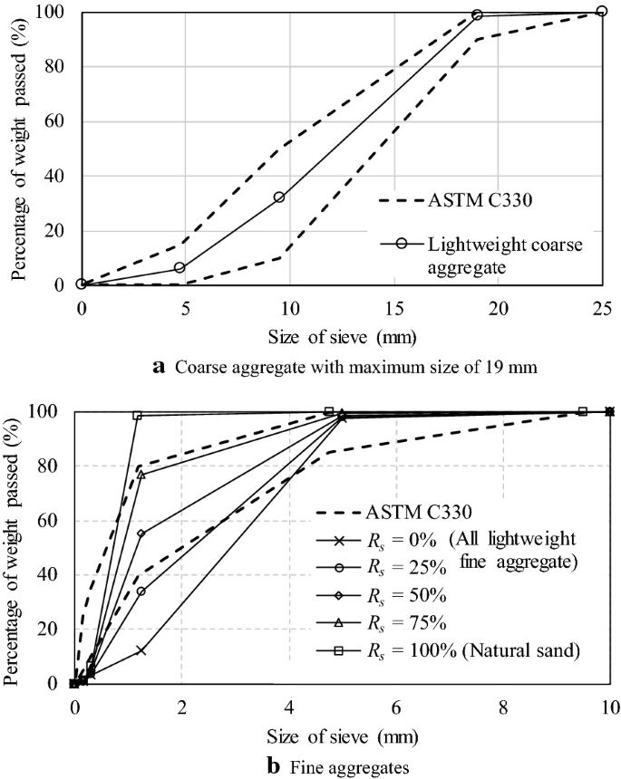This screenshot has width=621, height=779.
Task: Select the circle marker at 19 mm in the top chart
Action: (x=477, y=15)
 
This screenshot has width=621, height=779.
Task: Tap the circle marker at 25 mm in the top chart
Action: (x=601, y=11)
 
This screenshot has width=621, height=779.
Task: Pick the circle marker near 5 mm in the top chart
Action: (x=180, y=267)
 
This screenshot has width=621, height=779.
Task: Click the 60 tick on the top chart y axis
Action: (x=60, y=121)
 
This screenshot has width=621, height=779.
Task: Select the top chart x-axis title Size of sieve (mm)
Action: (x=342, y=338)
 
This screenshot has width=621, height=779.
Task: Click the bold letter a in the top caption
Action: (x=160, y=367)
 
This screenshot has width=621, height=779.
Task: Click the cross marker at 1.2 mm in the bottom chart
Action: (x=141, y=650)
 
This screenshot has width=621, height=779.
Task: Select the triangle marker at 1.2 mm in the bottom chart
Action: (x=141, y=475)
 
